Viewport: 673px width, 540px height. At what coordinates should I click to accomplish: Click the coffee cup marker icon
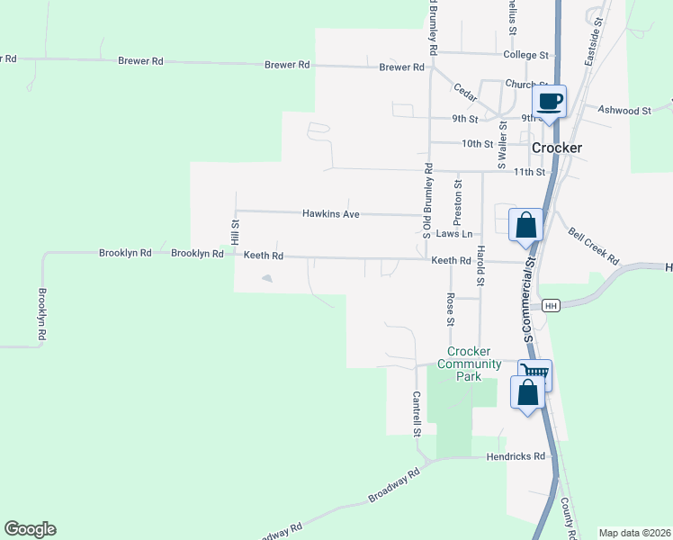[549, 101]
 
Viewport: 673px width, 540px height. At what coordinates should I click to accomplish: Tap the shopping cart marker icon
[535, 373]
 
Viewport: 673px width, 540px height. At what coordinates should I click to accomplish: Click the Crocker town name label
[557, 148]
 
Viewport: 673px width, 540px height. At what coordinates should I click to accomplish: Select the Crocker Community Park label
[469, 364]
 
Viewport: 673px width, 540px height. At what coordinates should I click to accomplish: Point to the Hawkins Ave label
[331, 214]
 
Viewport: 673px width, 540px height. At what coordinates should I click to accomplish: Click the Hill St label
[235, 233]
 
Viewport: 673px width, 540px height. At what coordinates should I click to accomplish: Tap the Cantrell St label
[417, 414]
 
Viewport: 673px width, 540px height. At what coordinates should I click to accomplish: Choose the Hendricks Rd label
[516, 456]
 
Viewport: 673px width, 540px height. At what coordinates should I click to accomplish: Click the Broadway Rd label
[394, 486]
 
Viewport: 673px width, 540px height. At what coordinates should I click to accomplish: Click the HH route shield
[552, 306]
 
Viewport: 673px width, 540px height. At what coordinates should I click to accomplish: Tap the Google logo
[30, 529]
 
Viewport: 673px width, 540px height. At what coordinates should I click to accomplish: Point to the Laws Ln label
[453, 234]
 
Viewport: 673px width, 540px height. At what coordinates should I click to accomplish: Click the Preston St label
[458, 203]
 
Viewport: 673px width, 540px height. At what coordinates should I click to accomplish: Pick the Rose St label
[451, 309]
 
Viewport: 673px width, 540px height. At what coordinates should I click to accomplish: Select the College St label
[525, 55]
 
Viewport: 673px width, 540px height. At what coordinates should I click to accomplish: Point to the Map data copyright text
[634, 533]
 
